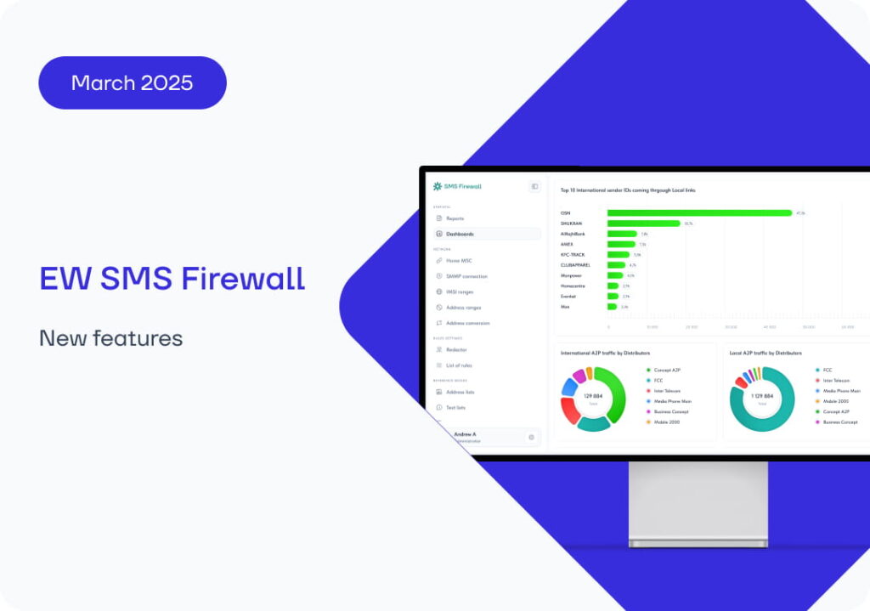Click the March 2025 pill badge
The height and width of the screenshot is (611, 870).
[x=133, y=82]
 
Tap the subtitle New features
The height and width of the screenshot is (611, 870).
[x=110, y=338]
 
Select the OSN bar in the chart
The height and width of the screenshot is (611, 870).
[x=698, y=213]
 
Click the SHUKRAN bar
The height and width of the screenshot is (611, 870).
[x=643, y=223]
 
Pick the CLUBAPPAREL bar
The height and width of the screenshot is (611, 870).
[x=616, y=265]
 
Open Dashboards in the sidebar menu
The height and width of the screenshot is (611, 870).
[x=460, y=234]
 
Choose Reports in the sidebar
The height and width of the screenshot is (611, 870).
[x=455, y=218]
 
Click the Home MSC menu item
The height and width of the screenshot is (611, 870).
[x=460, y=261]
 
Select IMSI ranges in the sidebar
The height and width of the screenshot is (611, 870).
[x=460, y=291]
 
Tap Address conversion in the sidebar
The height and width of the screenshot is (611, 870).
[x=467, y=323]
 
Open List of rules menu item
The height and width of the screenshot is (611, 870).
[x=460, y=365]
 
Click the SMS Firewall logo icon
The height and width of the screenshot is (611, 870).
[x=438, y=186]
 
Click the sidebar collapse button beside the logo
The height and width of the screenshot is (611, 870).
[x=534, y=186]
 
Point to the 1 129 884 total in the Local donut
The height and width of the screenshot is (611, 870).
[x=761, y=397]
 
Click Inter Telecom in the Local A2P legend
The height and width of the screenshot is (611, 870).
[x=836, y=381]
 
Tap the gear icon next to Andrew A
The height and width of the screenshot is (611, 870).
[x=531, y=438]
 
